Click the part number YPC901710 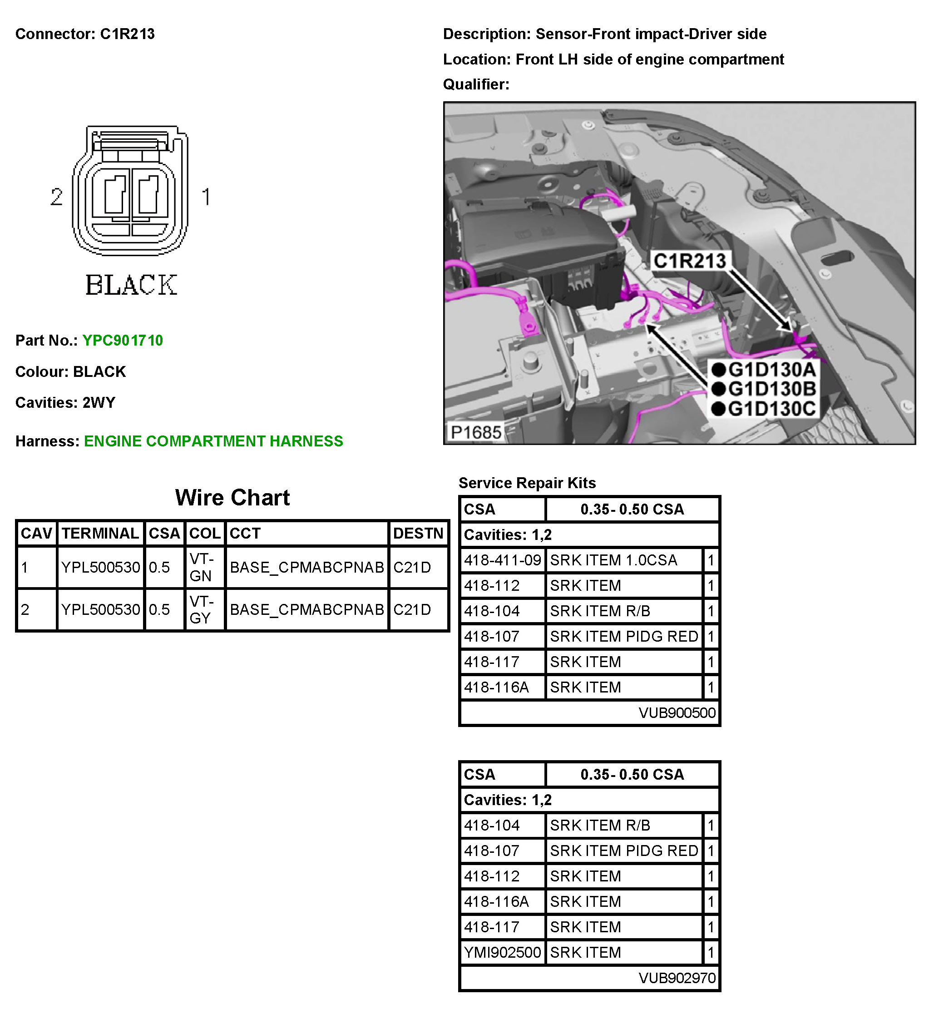pos(122,340)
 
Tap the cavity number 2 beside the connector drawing pos(56,197)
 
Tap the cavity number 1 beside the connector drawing pos(206,197)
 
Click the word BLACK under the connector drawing pos(131,285)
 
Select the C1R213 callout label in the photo pos(689,261)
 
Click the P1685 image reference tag pos(475,432)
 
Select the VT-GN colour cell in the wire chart pos(201,567)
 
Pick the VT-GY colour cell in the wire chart pos(201,609)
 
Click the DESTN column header pos(418,533)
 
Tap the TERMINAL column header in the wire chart pos(100,533)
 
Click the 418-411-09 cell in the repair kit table pos(502,560)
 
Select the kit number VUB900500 pos(677,712)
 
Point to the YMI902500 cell pos(502,952)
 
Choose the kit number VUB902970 pos(677,978)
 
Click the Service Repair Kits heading pos(527,483)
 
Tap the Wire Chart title pos(232,497)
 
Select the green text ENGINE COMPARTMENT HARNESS pos(213,441)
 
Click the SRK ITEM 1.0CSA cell pos(613,560)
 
